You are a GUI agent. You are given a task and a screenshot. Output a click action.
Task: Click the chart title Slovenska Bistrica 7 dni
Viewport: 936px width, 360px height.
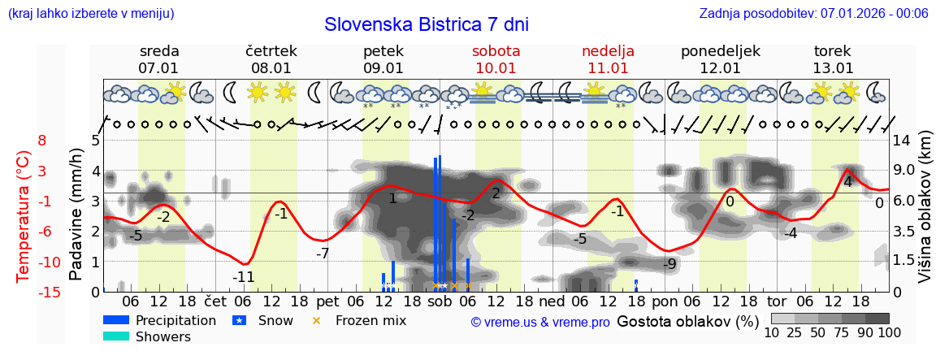(426, 24)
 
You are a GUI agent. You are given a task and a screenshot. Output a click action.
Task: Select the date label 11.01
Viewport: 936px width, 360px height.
(608, 68)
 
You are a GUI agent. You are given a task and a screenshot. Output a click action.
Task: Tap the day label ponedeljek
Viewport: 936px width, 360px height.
(720, 51)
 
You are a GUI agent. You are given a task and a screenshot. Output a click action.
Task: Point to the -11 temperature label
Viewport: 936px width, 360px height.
(243, 277)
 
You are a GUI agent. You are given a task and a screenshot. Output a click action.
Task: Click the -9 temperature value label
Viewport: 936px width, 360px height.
(669, 264)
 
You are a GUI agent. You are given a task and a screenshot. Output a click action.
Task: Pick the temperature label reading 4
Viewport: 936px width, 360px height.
(847, 181)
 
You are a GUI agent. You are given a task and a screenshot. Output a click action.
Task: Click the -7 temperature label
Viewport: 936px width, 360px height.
(323, 254)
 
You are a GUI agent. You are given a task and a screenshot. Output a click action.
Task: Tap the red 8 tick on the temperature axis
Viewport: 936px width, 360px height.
(42, 141)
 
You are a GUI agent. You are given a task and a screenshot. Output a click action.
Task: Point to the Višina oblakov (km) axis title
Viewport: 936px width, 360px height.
(925, 215)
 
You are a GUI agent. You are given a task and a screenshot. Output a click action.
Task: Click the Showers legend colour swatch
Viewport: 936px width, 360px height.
(116, 336)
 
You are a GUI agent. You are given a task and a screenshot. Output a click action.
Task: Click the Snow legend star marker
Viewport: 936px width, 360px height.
(240, 320)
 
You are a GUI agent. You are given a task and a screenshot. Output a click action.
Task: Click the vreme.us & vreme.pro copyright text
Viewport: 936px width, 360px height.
(540, 322)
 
